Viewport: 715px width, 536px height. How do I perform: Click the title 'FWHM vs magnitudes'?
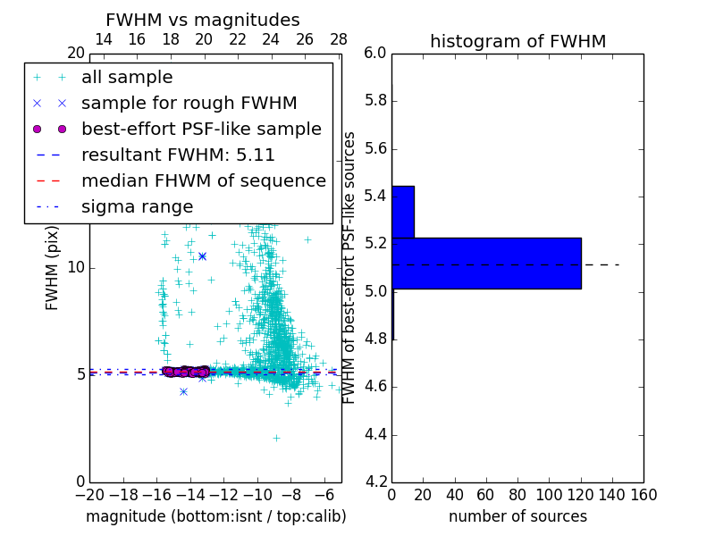pyautogui.click(x=203, y=20)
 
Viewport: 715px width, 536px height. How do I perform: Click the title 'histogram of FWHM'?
pyautogui.click(x=517, y=41)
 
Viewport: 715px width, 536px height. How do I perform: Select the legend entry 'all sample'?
pyautogui.click(x=127, y=78)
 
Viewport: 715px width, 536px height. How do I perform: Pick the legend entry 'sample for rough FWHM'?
pyautogui.click(x=189, y=103)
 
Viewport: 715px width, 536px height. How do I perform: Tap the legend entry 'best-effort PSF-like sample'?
pyautogui.click(x=201, y=129)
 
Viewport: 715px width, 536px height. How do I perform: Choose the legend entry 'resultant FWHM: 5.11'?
pyautogui.click(x=178, y=155)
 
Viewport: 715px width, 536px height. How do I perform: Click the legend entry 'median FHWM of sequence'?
pyautogui.click(x=203, y=180)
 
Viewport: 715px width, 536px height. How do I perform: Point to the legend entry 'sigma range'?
pyautogui.click(x=137, y=206)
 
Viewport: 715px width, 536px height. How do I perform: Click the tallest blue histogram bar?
pyautogui.click(x=486, y=264)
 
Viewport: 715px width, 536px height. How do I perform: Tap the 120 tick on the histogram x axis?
pyautogui.click(x=580, y=495)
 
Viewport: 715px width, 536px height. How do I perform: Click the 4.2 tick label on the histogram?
pyautogui.click(x=374, y=482)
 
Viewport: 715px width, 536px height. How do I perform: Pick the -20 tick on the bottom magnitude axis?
pyautogui.click(x=89, y=495)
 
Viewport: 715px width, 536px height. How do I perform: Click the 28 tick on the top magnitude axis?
pyautogui.click(x=339, y=39)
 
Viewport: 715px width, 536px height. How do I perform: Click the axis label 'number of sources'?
pyautogui.click(x=517, y=516)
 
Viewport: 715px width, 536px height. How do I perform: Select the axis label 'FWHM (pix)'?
pyautogui.click(x=53, y=267)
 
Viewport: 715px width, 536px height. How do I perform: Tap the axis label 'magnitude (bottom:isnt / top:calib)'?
pyautogui.click(x=215, y=516)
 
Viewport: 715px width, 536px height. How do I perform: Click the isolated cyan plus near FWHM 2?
pyautogui.click(x=276, y=438)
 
